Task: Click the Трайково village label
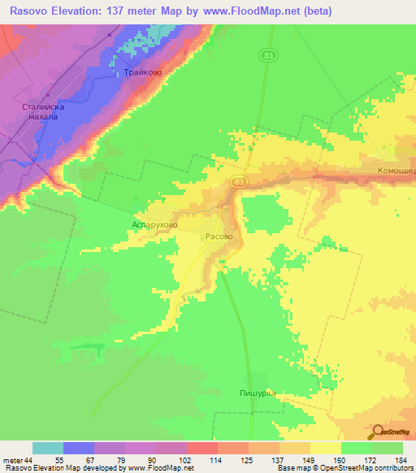click(143, 73)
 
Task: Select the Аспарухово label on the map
click(155, 221)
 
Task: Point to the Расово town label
click(223, 236)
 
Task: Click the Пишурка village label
click(258, 393)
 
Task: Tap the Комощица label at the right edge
click(397, 171)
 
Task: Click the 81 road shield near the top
click(266, 54)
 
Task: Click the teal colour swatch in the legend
click(48, 448)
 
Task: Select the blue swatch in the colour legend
click(79, 448)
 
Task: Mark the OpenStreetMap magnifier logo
click(379, 432)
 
